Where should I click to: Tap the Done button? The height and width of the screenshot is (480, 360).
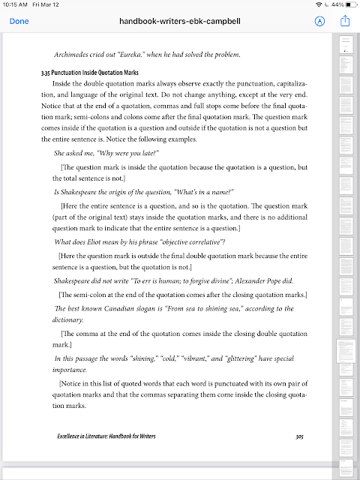pyautogui.click(x=19, y=21)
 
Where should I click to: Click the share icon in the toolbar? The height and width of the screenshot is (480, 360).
pyautogui.click(x=346, y=21)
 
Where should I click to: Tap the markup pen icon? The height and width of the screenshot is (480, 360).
pyautogui.click(x=320, y=21)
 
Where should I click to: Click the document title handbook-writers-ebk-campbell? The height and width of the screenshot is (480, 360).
pyautogui.click(x=180, y=21)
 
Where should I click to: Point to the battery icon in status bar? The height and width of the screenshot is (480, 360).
pyautogui.click(x=349, y=6)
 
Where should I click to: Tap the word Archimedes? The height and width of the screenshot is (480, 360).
pyautogui.click(x=74, y=55)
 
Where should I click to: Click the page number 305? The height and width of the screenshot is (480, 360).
pyautogui.click(x=298, y=436)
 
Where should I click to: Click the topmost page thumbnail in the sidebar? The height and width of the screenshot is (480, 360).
pyautogui.click(x=346, y=44)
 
